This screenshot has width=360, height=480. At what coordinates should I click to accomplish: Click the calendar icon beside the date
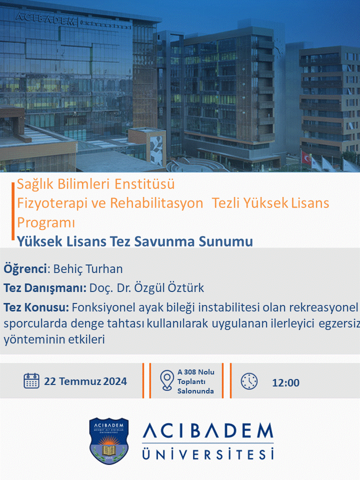[31, 381]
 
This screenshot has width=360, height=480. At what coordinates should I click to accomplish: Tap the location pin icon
[167, 380]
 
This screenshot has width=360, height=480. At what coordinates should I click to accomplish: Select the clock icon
[249, 381]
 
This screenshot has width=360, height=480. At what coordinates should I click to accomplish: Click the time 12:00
[285, 382]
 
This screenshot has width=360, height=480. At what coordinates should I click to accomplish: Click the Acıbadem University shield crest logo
[109, 441]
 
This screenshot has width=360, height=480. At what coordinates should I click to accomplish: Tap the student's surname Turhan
[104, 269]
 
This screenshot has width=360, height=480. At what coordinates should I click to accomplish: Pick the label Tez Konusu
[36, 307]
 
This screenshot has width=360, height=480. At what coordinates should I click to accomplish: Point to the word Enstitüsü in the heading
[145, 184]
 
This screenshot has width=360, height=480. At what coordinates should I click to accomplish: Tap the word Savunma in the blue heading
[164, 241]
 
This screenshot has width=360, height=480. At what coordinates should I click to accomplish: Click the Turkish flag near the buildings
[306, 157]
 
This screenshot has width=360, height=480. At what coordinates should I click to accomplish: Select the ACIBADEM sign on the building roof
[45, 19]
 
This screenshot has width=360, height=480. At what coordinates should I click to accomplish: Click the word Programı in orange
[46, 222]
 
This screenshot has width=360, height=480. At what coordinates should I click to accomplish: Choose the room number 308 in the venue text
[190, 372]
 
